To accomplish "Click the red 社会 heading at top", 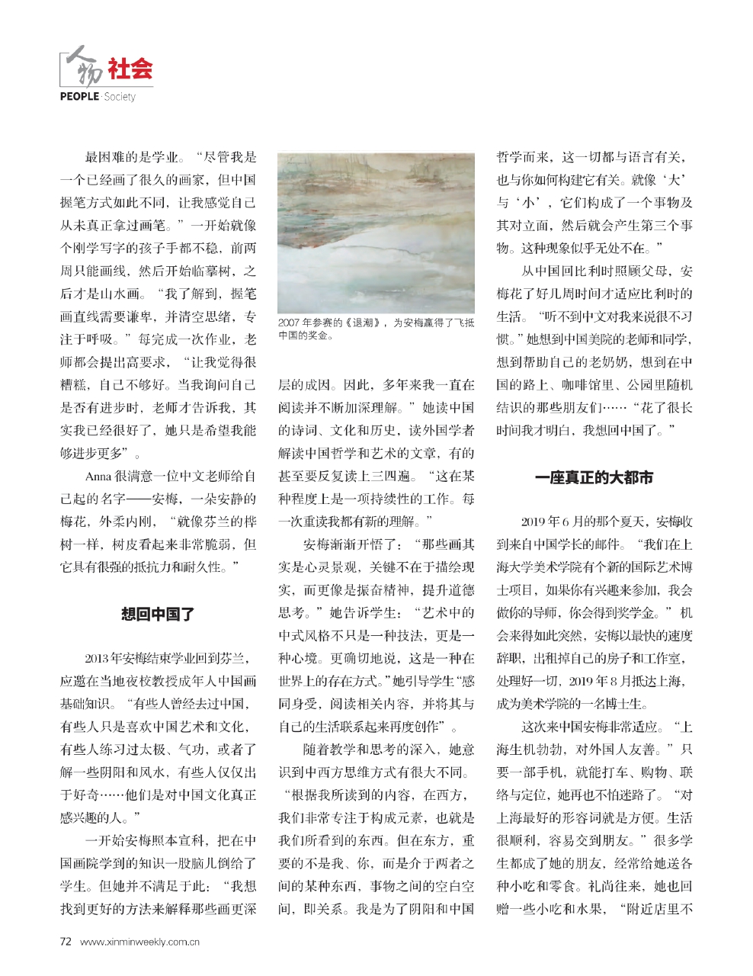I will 130,69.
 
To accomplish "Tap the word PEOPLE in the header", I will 79,97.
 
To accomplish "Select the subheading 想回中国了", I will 158,614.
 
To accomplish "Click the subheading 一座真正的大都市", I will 594,479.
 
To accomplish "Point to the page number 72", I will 66,942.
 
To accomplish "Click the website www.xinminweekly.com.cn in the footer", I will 139,942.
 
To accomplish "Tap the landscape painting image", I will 376,233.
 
